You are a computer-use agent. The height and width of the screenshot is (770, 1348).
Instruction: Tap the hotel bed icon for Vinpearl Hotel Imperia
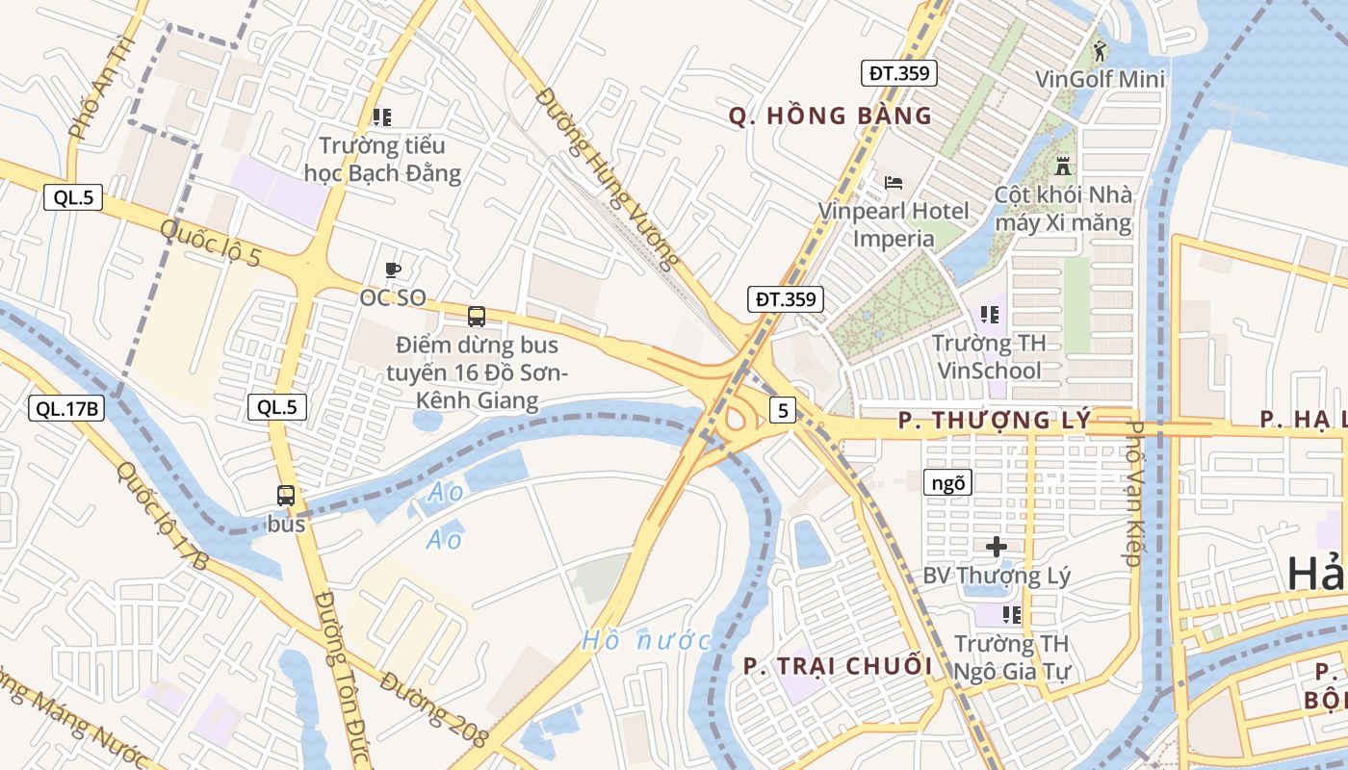click(894, 182)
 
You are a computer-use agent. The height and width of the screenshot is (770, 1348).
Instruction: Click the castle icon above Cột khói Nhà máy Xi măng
click(1063, 165)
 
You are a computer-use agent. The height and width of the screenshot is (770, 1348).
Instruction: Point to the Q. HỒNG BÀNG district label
click(830, 116)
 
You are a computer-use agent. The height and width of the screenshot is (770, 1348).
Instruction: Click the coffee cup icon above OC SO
click(392, 269)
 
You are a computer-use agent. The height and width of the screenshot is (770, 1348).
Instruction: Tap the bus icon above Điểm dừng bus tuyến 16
click(476, 316)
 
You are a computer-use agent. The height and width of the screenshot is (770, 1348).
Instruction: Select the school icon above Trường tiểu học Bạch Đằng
click(381, 117)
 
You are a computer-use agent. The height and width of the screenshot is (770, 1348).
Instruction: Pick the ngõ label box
click(947, 483)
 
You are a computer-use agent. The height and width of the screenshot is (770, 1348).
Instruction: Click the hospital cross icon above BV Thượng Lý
click(997, 547)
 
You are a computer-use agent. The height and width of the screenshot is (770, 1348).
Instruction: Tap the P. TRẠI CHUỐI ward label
click(838, 666)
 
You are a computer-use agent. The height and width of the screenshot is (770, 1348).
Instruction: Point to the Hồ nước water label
click(646, 640)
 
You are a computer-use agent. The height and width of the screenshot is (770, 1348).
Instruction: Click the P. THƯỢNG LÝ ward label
click(995, 421)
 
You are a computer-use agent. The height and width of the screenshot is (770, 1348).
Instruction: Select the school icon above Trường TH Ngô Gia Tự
click(1011, 614)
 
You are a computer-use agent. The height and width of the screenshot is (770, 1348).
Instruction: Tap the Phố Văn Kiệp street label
click(1133, 491)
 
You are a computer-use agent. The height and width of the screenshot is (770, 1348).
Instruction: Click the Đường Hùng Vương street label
click(608, 179)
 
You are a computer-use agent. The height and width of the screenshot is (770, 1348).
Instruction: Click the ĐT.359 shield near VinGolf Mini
click(898, 73)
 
